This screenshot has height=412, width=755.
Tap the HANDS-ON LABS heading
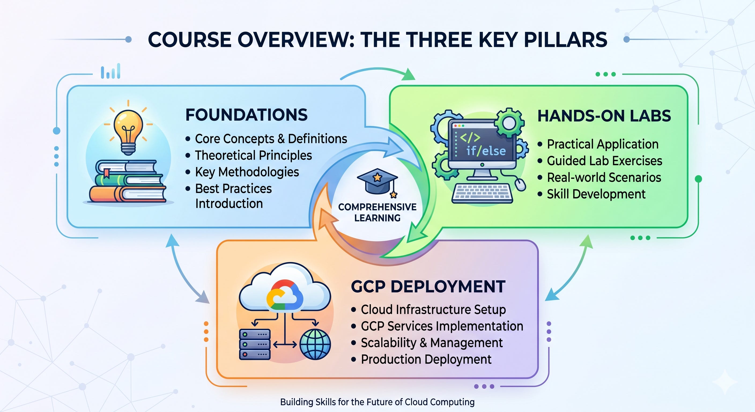604,116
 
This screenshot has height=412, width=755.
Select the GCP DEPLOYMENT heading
428,286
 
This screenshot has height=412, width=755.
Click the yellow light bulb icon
128,132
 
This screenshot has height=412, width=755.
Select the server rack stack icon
255,344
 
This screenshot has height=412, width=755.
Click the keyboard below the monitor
482,194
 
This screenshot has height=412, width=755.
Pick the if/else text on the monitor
486,151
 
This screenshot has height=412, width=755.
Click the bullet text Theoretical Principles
254,155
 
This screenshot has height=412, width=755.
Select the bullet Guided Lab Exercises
605,161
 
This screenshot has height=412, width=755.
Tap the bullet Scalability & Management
432,343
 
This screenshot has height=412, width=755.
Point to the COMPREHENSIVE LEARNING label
377,212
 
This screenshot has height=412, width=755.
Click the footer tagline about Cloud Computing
377,402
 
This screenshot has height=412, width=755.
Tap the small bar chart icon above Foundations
110,71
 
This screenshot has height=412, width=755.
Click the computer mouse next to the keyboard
520,185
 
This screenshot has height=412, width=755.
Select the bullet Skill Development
596,194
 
